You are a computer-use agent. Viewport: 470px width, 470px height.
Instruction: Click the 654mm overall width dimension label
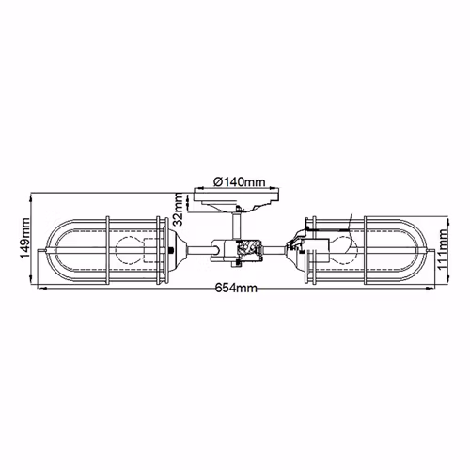(236, 288)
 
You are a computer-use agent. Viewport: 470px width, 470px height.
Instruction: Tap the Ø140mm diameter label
(240, 181)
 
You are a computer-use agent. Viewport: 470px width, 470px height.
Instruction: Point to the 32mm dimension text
(179, 209)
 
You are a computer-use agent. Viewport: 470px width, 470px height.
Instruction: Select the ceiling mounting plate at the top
(237, 199)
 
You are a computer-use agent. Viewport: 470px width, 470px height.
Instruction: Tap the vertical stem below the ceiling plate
(237, 225)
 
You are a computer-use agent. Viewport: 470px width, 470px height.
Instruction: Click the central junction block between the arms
(237, 252)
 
